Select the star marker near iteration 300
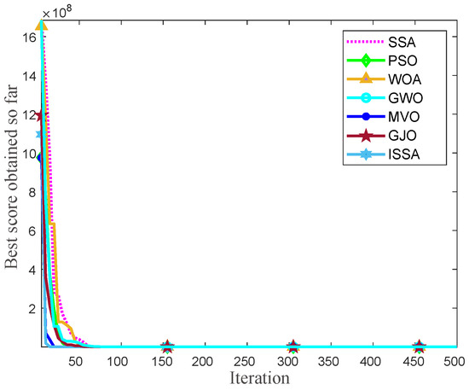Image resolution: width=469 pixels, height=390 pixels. coord(293,346)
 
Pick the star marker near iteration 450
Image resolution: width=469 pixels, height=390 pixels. coord(419,346)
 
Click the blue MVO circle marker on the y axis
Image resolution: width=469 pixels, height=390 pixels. coord(40,157)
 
